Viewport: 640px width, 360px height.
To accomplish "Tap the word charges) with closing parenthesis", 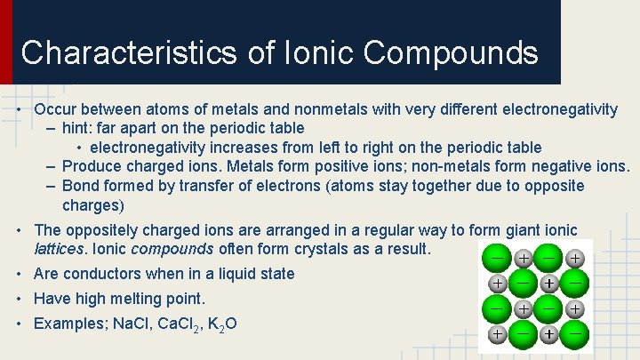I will click(x=92, y=205).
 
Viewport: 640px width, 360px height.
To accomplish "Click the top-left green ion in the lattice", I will click(x=496, y=256).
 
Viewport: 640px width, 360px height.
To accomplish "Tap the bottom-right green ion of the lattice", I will click(x=575, y=335).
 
